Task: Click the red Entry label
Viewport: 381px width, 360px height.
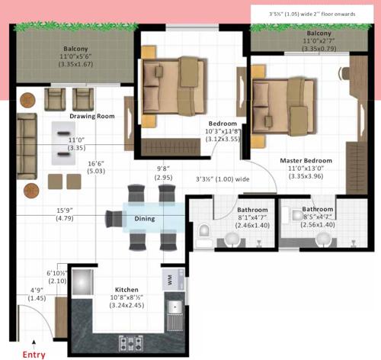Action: [34, 354]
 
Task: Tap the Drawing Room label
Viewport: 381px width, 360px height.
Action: [92, 117]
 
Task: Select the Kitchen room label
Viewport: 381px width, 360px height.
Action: [126, 291]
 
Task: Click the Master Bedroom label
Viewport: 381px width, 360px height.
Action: [306, 161]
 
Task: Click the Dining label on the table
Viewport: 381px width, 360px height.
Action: [145, 219]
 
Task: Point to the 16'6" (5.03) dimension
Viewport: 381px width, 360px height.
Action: [95, 167]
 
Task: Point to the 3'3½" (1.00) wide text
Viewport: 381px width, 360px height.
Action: [223, 180]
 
